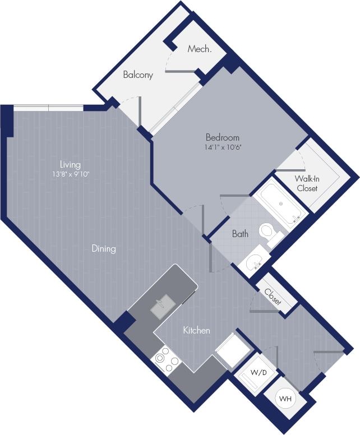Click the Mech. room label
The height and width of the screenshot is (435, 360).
tap(200, 49)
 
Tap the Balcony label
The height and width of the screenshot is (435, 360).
tap(138, 75)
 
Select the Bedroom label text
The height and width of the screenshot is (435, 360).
tap(222, 137)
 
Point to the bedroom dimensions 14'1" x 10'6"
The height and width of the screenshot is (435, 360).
tap(222, 147)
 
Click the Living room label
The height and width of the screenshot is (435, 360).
tap(71, 165)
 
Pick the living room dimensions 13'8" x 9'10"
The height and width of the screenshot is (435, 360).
tap(71, 174)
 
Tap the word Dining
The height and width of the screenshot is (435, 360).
tap(104, 249)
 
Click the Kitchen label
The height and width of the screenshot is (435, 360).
tap(196, 331)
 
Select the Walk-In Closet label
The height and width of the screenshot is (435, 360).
tap(307, 183)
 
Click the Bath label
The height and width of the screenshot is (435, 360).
tap(240, 234)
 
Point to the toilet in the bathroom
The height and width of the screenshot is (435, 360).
tap(269, 232)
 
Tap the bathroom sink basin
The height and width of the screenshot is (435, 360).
tap(253, 262)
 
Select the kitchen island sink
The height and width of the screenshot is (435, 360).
tap(163, 306)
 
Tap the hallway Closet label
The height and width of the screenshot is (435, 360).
tap(270, 295)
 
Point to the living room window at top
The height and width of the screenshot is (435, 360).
tap(49, 107)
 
